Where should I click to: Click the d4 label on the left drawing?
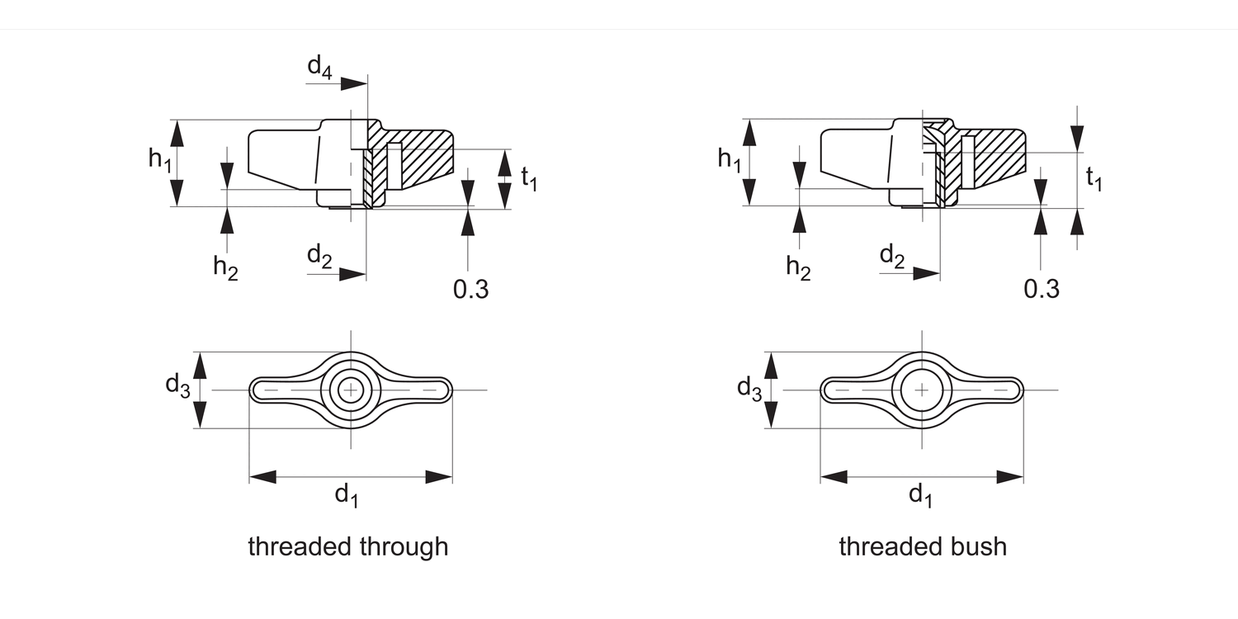pyautogui.click(x=319, y=67)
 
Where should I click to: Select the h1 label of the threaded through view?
pyautogui.click(x=160, y=158)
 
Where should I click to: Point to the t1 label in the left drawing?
pyautogui.click(x=529, y=177)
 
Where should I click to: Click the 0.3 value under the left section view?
pyautogui.click(x=470, y=289)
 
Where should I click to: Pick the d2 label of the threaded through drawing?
pyautogui.click(x=319, y=257)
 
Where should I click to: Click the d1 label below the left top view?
pyautogui.click(x=347, y=495)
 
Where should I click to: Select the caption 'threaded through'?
pyautogui.click(x=347, y=546)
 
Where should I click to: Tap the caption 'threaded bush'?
pyautogui.click(x=923, y=546)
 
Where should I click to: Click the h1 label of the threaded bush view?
pyautogui.click(x=730, y=158)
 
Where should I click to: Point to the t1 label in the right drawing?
pyautogui.click(x=1094, y=177)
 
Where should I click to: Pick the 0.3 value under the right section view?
pyautogui.click(x=1042, y=289)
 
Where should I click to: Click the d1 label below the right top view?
pyautogui.click(x=921, y=495)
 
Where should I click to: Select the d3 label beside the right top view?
pyautogui.click(x=749, y=388)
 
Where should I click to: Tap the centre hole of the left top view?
pyautogui.click(x=352, y=390)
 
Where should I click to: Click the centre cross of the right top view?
pyautogui.click(x=922, y=390)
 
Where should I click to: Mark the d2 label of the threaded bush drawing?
pyautogui.click(x=892, y=257)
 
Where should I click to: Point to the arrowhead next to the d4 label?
pyautogui.click(x=354, y=83)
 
